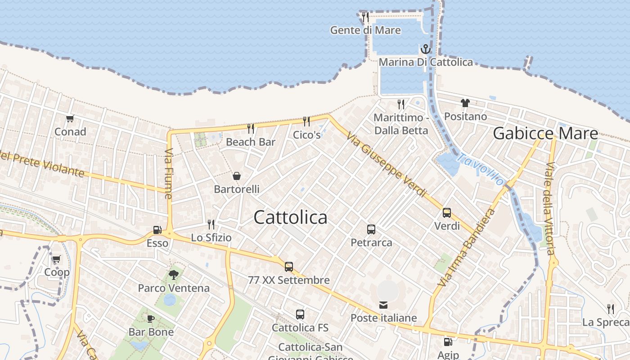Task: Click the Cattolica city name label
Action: tap(290, 217)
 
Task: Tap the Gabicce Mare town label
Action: tap(545, 133)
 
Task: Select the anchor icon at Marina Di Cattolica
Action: tap(425, 49)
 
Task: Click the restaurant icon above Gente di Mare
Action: tap(365, 17)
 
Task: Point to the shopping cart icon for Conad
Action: tap(70, 119)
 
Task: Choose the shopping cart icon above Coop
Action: tap(56, 259)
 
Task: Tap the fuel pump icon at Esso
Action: tap(157, 230)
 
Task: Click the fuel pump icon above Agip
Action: tap(448, 342)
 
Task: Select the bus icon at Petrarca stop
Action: tap(371, 229)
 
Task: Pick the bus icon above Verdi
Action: tap(447, 213)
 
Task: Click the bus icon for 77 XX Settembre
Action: tap(289, 266)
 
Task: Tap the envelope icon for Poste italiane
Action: tap(383, 306)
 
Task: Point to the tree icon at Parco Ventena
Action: tap(173, 274)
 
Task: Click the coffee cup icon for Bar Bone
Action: tap(151, 319)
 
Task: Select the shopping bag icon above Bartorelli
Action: tap(237, 176)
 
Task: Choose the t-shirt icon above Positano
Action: tap(465, 103)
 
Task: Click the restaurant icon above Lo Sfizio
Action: tap(211, 224)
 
